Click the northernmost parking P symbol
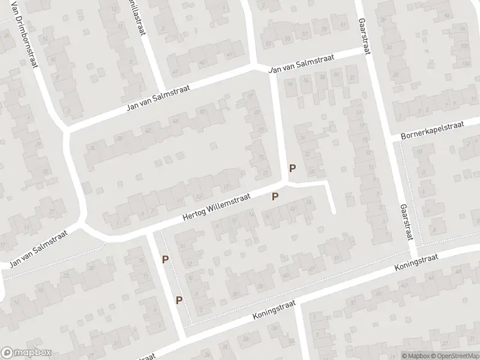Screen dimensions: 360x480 (293, 169)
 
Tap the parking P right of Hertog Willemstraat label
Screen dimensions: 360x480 (275, 196)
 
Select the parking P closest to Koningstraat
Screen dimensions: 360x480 (179, 300)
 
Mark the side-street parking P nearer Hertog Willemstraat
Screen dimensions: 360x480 (165, 259)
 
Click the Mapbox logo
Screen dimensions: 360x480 (26, 353)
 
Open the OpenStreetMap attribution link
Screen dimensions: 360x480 (455, 355)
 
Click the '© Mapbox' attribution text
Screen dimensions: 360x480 (414, 355)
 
